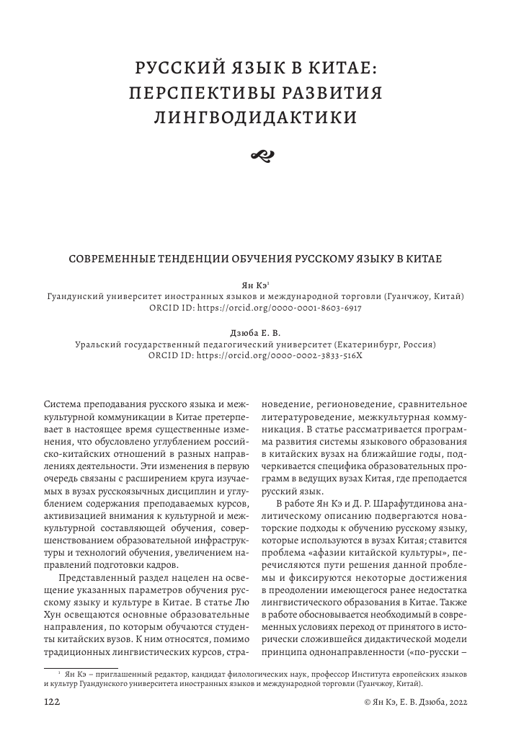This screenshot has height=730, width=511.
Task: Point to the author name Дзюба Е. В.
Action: point(255,334)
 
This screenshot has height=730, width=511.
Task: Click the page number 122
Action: point(52,701)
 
